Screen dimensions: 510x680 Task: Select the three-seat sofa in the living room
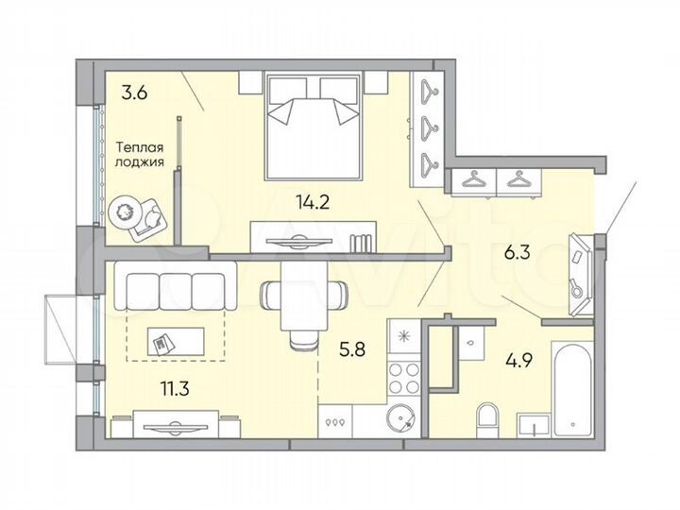[175, 288]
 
